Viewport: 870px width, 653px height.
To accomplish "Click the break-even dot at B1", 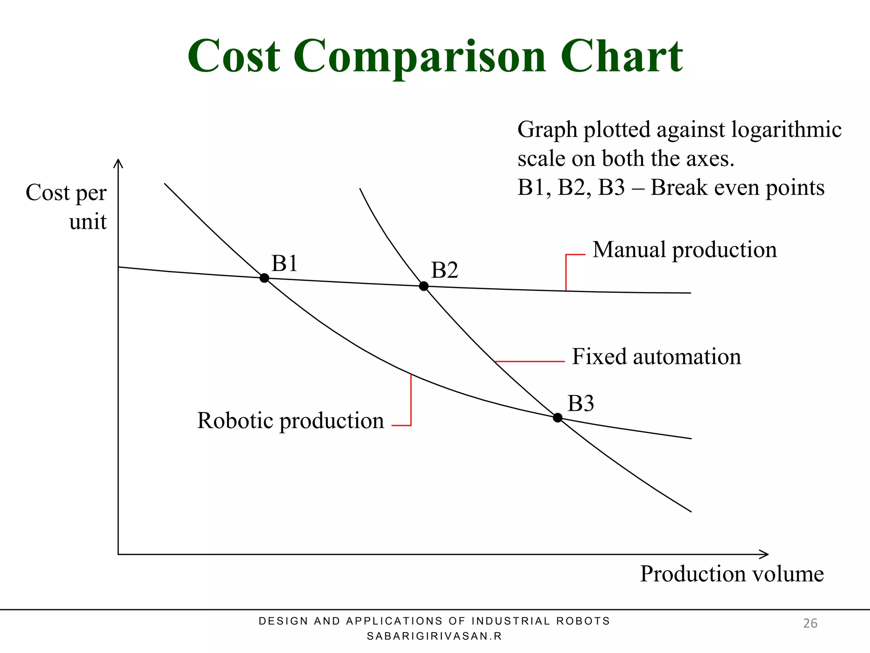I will click(x=264, y=278).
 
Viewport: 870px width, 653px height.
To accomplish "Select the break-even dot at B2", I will click(x=424, y=286).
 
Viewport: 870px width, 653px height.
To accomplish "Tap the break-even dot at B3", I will click(x=558, y=418).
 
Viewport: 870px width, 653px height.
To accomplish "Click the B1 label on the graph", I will click(x=284, y=263).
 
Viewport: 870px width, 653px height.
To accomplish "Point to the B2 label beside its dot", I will click(x=444, y=270).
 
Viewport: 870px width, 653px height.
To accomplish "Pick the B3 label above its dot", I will click(x=580, y=403).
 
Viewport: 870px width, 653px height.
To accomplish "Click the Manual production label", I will click(x=684, y=250).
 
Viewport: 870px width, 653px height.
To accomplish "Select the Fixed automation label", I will click(x=656, y=357).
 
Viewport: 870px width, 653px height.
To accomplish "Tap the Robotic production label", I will click(x=291, y=421).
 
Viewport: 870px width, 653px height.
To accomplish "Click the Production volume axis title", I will click(x=732, y=574).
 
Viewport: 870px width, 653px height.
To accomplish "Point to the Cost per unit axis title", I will click(x=67, y=207).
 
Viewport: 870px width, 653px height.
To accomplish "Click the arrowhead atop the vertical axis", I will click(x=118, y=163).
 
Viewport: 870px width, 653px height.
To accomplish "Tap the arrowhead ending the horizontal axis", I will click(x=764, y=554).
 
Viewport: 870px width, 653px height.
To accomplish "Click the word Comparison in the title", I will click(x=420, y=57).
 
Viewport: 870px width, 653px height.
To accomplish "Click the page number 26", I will click(x=810, y=623).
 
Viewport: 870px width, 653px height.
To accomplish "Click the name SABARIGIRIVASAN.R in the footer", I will click(x=434, y=636).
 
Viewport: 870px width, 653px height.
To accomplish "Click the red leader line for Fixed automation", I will click(x=530, y=361).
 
